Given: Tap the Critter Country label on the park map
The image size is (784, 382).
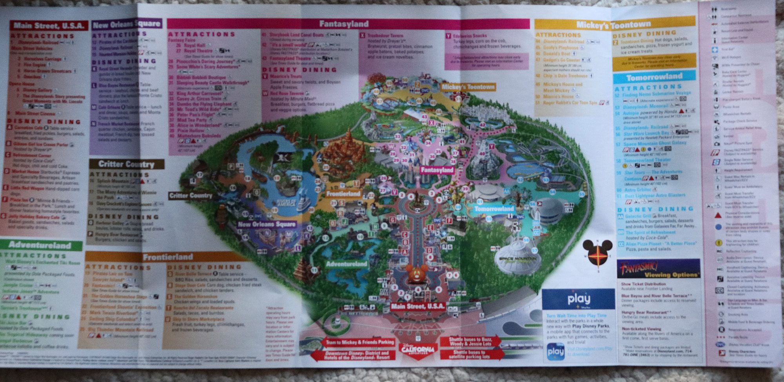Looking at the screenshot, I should [191, 195].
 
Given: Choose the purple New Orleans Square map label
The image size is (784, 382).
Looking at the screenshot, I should [266, 224].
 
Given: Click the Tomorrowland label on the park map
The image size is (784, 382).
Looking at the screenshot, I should [494, 208].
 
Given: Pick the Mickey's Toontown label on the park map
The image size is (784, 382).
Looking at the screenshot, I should [468, 87].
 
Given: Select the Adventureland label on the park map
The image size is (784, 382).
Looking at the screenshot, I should [347, 264].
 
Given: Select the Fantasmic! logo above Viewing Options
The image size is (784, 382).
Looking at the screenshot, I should [638, 268].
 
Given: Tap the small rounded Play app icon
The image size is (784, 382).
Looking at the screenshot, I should [555, 351].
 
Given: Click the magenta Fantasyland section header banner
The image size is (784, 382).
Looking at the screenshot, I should [343, 24].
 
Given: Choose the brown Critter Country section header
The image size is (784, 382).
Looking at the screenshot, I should [126, 164].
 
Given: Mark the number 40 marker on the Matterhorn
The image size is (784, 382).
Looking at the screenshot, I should [482, 154].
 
